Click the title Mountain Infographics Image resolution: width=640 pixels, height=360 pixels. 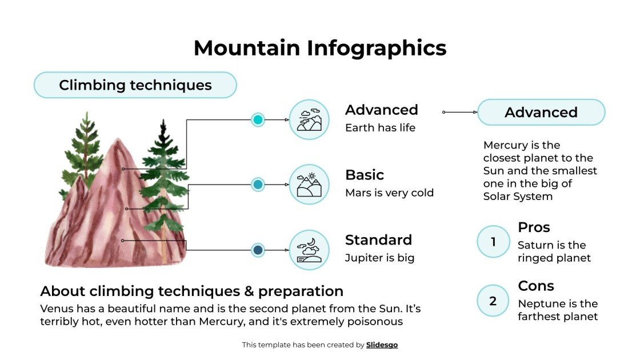click(x=319, y=47)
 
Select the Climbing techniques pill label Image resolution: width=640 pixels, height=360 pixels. click(x=135, y=85)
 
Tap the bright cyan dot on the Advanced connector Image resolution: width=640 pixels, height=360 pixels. click(x=258, y=119)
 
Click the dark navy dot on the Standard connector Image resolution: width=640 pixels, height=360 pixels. click(x=258, y=250)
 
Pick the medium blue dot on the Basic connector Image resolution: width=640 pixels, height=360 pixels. click(x=258, y=185)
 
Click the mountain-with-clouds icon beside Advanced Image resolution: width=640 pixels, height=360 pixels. click(x=309, y=119)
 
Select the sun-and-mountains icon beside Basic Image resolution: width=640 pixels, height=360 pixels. click(x=309, y=185)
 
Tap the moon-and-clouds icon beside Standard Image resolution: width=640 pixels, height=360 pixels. click(x=309, y=250)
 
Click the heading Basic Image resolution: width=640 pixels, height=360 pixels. click(x=365, y=175)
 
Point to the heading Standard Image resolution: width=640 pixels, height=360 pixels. click(x=378, y=240)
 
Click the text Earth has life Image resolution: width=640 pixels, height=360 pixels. click(x=380, y=128)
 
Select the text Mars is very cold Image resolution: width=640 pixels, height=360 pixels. click(x=389, y=193)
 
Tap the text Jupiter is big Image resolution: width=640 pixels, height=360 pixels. click(x=379, y=258)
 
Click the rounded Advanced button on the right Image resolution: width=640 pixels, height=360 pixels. click(x=541, y=113)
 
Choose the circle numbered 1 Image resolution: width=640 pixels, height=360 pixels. click(x=493, y=242)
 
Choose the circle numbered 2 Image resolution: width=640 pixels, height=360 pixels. click(x=493, y=301)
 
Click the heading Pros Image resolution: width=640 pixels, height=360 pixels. click(x=534, y=227)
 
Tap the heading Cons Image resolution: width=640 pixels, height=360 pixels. click(x=536, y=286)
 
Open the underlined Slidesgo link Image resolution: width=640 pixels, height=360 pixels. click(x=382, y=345)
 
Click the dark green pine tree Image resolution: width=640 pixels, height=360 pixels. click(x=164, y=177)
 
